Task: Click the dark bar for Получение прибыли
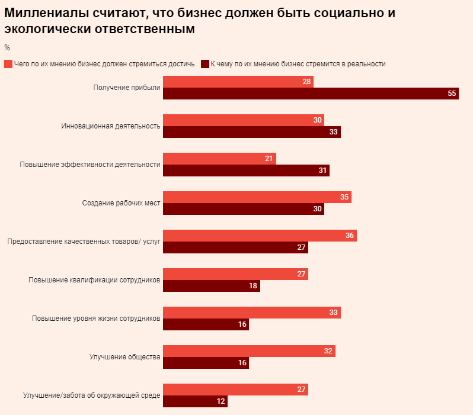[311, 94]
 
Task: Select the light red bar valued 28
[238, 82]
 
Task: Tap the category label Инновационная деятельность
[111, 126]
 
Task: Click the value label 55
[452, 94]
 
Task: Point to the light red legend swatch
[8, 64]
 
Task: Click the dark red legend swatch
[205, 64]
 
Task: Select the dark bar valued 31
[245, 170]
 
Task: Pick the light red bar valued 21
[219, 159]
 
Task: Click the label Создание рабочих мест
[121, 203]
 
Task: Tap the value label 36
[350, 236]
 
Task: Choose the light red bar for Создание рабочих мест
[257, 197]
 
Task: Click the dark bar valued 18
[211, 286]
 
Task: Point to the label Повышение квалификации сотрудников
[94, 280]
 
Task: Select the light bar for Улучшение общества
[249, 351]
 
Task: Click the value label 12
[220, 401]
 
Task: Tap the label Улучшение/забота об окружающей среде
[91, 395]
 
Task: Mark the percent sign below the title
[7, 47]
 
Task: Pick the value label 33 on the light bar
[334, 313]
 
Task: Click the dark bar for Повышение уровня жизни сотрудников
[206, 324]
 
